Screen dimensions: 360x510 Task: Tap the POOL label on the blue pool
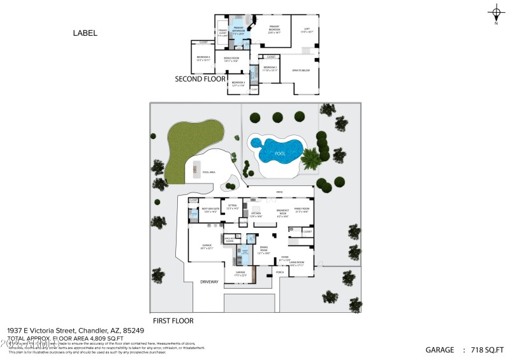pyautogui.click(x=279, y=154)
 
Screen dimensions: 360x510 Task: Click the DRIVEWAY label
pyautogui.click(x=210, y=280)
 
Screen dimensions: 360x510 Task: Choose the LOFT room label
pyautogui.click(x=306, y=29)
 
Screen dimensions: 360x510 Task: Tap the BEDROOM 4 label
pyautogui.click(x=203, y=57)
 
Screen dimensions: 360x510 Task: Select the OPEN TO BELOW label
pyautogui.click(x=300, y=70)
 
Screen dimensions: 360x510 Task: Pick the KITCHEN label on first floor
pyautogui.click(x=256, y=214)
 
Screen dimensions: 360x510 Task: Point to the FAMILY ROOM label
pyautogui.click(x=302, y=210)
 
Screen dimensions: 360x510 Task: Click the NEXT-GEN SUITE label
pyautogui.click(x=210, y=209)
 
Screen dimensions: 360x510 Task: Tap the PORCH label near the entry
pyautogui.click(x=279, y=272)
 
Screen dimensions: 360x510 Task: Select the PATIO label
pyautogui.click(x=279, y=192)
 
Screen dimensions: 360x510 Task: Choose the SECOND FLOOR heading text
pyautogui.click(x=201, y=80)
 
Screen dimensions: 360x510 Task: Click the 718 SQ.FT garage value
pyautogui.click(x=486, y=350)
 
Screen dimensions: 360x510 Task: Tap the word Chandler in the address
pyautogui.click(x=92, y=331)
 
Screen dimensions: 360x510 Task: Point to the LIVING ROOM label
pyautogui.click(x=298, y=263)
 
